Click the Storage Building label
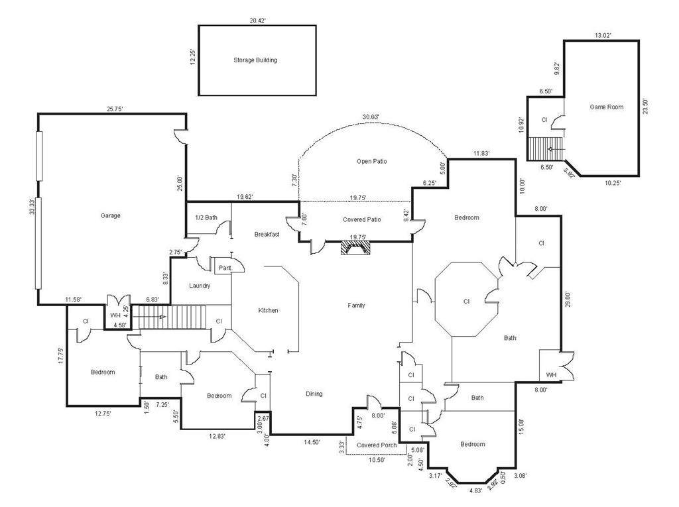pos(255,60)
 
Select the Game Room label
pos(606,107)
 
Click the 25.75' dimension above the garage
pos(115,109)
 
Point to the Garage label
pos(111,215)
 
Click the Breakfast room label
pos(267,234)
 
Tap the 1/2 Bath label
pos(206,217)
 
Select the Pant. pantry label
pos(225,268)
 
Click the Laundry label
pos(200,286)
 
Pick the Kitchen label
pos(268,310)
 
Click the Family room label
pos(356,306)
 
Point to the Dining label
pos(314,394)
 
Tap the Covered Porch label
pos(377,445)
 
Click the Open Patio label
pos(371,161)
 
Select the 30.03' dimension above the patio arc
pos(371,117)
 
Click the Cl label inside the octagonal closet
pos(466,302)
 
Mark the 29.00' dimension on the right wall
pos(568,300)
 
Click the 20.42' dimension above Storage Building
pos(258,21)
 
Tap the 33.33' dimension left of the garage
pos(32,207)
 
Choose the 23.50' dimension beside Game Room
pos(645,107)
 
